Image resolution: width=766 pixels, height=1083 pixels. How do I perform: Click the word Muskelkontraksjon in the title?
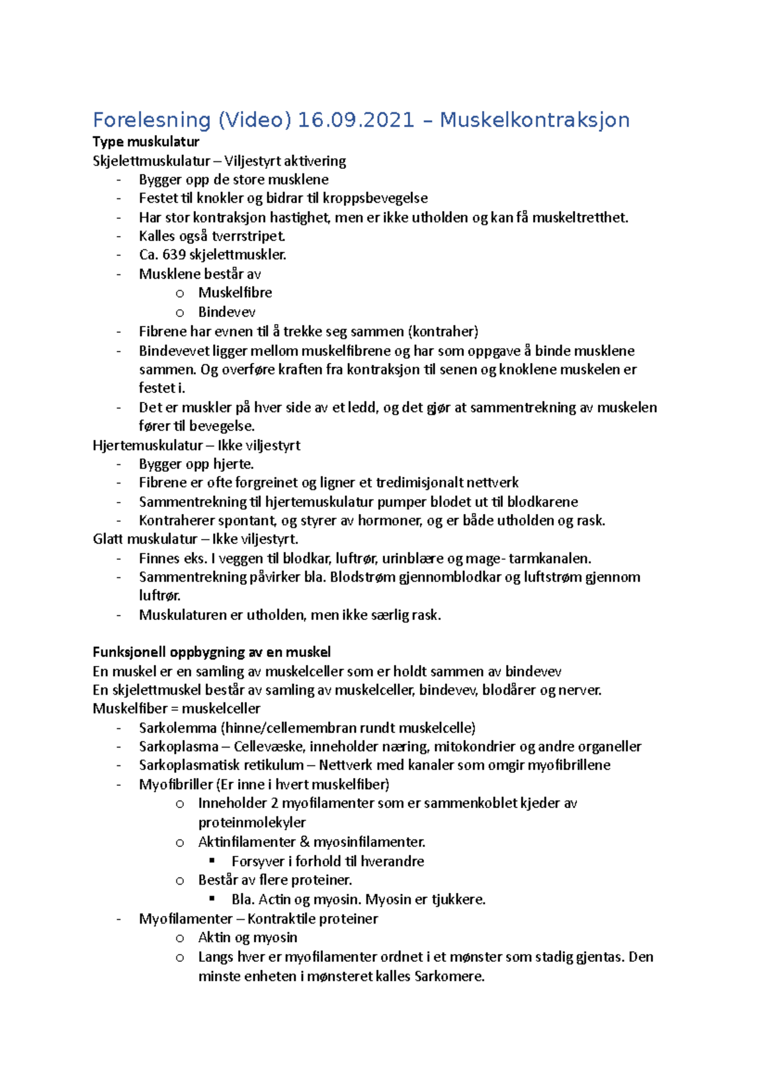534,120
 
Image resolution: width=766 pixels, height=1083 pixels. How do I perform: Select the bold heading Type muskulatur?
146,142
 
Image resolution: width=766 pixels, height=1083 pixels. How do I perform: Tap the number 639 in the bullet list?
174,254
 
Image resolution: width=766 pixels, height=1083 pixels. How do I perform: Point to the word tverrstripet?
248,236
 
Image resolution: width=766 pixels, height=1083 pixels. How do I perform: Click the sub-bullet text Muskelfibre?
235,293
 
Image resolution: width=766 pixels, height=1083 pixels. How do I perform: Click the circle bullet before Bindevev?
180,313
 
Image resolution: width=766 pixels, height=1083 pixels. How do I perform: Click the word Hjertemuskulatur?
147,445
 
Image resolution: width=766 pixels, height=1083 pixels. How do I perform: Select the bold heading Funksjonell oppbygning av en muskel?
211,652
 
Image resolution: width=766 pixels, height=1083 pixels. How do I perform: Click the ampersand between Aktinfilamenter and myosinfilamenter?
304,842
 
